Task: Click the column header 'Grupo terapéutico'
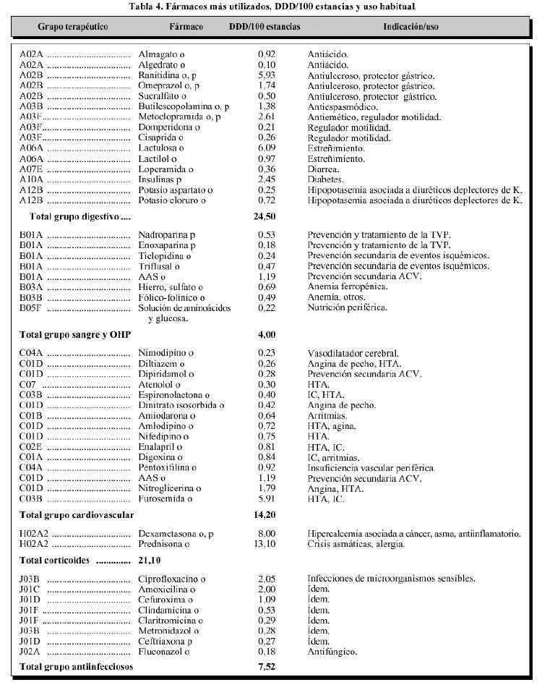73,26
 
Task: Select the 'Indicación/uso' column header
410,26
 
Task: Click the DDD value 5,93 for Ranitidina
267,75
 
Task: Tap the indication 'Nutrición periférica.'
347,308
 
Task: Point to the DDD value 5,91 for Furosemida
267,499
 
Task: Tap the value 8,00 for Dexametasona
267,534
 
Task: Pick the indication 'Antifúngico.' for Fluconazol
332,652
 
